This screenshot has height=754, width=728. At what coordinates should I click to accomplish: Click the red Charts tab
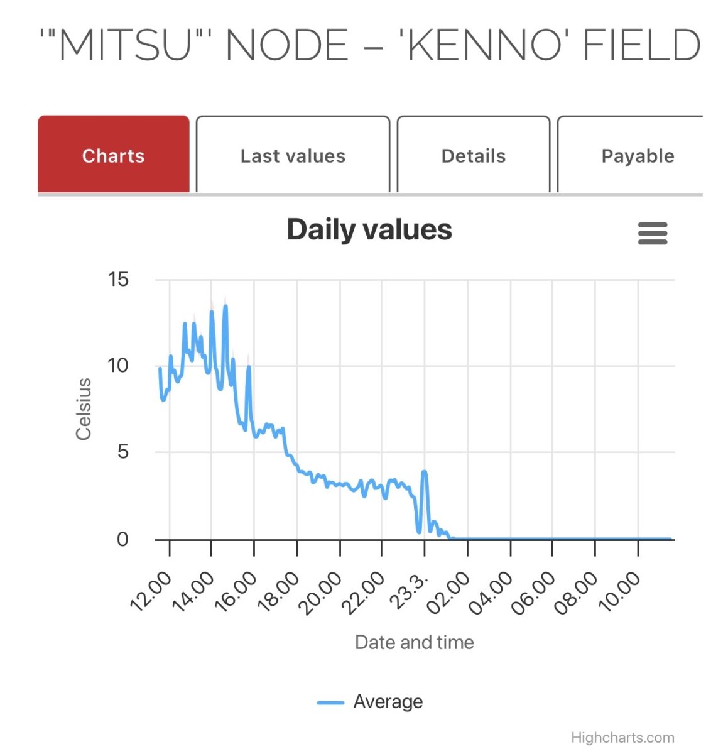point(114,156)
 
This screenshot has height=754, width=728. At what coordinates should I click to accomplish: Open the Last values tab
point(293,156)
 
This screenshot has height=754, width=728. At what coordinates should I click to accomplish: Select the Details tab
point(474,156)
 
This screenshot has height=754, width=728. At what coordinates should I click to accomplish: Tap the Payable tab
point(637,156)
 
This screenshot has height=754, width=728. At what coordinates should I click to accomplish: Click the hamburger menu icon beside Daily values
point(653,233)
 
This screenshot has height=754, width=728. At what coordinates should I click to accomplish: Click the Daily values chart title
point(369,230)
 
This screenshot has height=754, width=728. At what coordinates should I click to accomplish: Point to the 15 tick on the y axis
point(118,280)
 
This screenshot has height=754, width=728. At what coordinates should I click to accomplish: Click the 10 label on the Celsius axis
point(118,366)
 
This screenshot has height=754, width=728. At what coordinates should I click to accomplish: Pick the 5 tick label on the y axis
point(123,452)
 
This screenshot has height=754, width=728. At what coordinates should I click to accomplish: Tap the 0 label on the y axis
point(122,539)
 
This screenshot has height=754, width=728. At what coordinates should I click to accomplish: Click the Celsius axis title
point(84,409)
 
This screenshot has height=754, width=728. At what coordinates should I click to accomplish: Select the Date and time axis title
point(414,642)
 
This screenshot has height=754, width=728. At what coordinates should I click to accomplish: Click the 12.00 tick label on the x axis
point(151,591)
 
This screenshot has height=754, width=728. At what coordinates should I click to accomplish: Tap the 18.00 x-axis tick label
point(279,591)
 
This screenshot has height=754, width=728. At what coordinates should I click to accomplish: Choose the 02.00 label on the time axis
point(449,591)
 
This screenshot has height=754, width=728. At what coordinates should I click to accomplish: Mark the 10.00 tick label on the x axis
point(620,591)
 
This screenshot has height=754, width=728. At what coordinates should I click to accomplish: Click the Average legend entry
point(387,702)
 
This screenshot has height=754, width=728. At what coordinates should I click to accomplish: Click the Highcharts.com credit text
point(622,738)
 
